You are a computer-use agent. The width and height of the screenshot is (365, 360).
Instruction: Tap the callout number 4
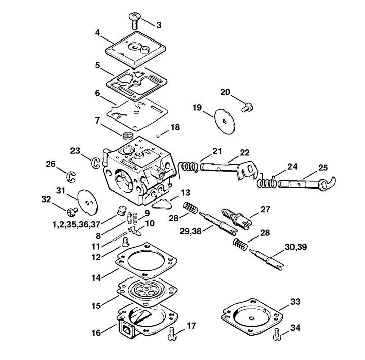pyautogui.click(x=97, y=33)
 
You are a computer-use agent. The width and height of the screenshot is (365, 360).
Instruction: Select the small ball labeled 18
pyautogui.click(x=158, y=136)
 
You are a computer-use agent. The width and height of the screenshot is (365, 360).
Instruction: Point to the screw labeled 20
pyautogui.click(x=247, y=108)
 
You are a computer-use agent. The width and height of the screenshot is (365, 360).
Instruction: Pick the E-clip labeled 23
pyautogui.click(x=95, y=163)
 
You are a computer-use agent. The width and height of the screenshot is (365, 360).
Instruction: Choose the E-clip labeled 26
pyautogui.click(x=71, y=177)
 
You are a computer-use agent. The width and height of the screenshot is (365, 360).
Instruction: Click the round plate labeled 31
pyautogui.click(x=88, y=202)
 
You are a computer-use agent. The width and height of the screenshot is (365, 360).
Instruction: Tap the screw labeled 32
pyautogui.click(x=72, y=211)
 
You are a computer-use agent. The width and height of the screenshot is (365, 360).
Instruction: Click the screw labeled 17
pyautogui.click(x=172, y=334)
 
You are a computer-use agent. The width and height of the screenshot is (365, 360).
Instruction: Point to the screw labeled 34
pyautogui.click(x=277, y=334)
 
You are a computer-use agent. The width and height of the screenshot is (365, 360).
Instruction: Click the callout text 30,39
pyautogui.click(x=296, y=247)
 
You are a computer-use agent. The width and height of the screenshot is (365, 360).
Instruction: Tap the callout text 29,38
pyautogui.click(x=191, y=231)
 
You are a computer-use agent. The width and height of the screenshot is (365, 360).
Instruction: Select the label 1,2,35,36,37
pyautogui.click(x=76, y=225)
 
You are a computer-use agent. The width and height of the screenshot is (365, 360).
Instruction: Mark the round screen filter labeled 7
pyautogui.click(x=128, y=136)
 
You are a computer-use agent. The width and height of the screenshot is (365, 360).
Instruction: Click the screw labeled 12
pyautogui.click(x=126, y=242)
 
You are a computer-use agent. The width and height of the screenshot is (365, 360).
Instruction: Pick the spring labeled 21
pyautogui.click(x=189, y=167)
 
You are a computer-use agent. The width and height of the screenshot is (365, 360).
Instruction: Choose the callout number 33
pyautogui.click(x=295, y=302)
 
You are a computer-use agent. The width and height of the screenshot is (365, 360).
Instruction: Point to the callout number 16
pyautogui.click(x=96, y=332)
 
